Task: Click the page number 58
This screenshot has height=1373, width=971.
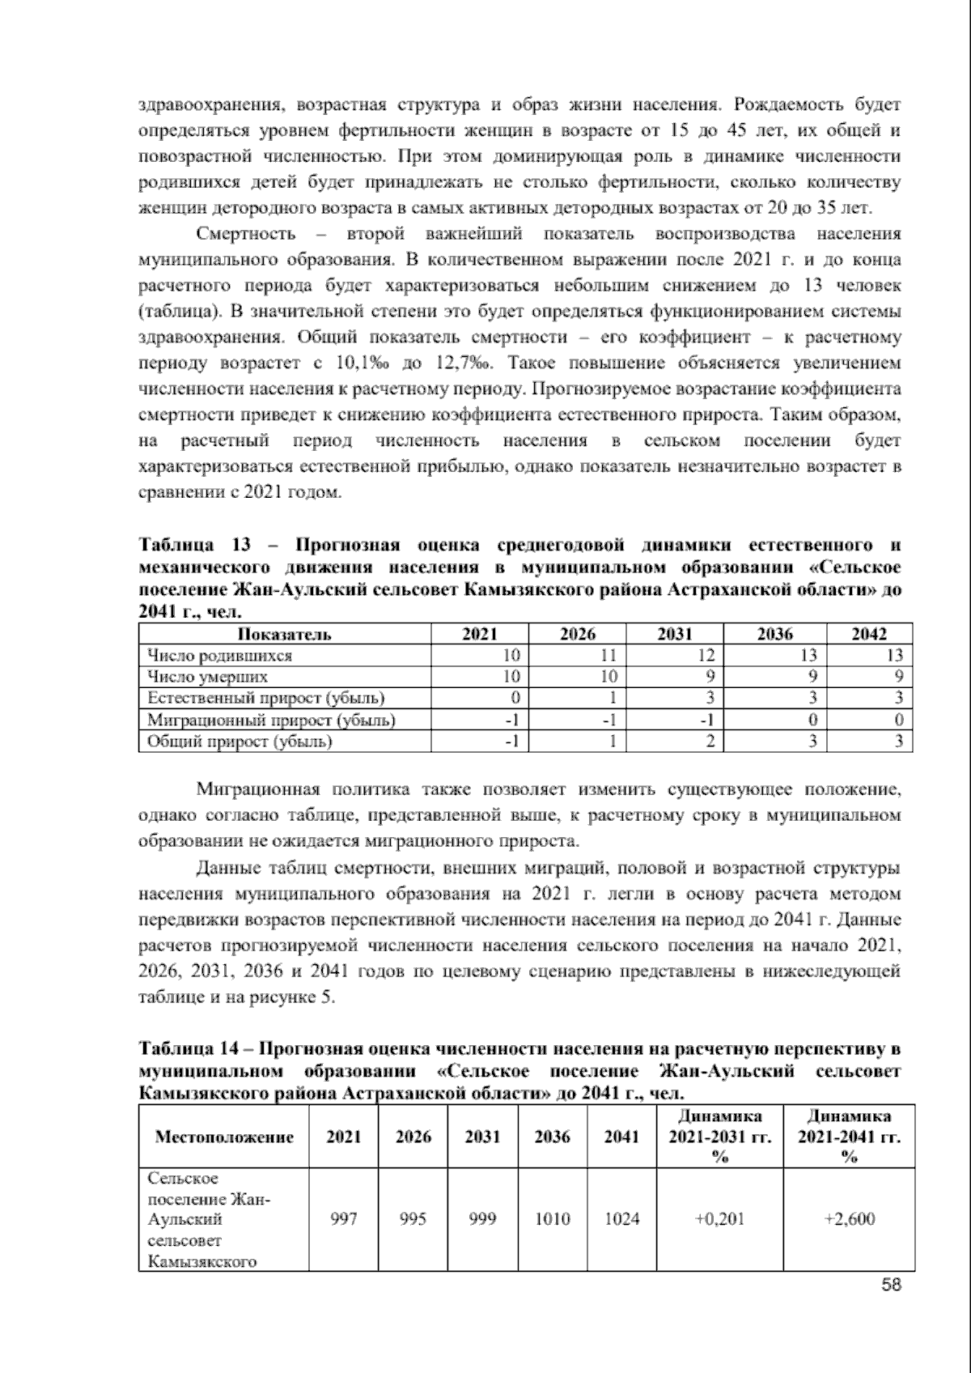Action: [892, 1285]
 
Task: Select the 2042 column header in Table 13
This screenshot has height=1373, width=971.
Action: [869, 635]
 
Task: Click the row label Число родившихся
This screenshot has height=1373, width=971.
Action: [216, 656]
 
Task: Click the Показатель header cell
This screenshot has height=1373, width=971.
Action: [284, 635]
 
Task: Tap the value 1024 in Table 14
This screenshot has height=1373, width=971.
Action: [621, 1218]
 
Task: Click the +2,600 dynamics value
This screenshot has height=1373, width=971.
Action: [849, 1218]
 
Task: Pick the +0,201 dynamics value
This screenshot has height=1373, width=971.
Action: [719, 1218]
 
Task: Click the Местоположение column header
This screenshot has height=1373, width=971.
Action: [224, 1137]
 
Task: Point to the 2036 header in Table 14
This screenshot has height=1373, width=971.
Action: [552, 1137]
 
